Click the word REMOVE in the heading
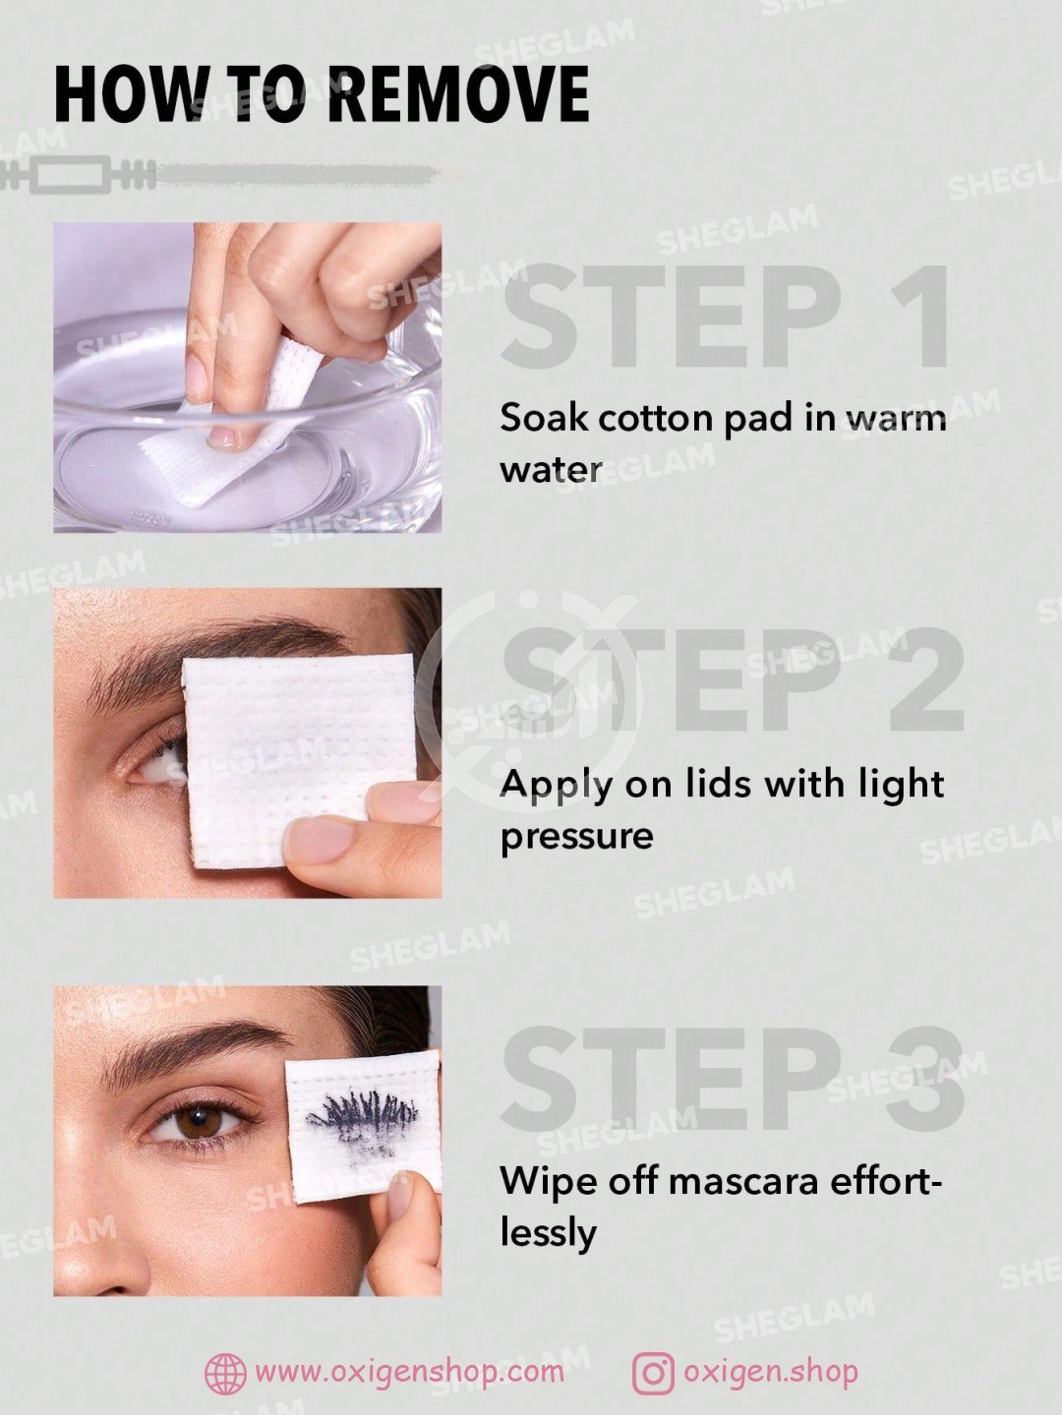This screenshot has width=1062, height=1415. (x=459, y=93)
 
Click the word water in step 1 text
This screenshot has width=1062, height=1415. (x=551, y=470)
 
